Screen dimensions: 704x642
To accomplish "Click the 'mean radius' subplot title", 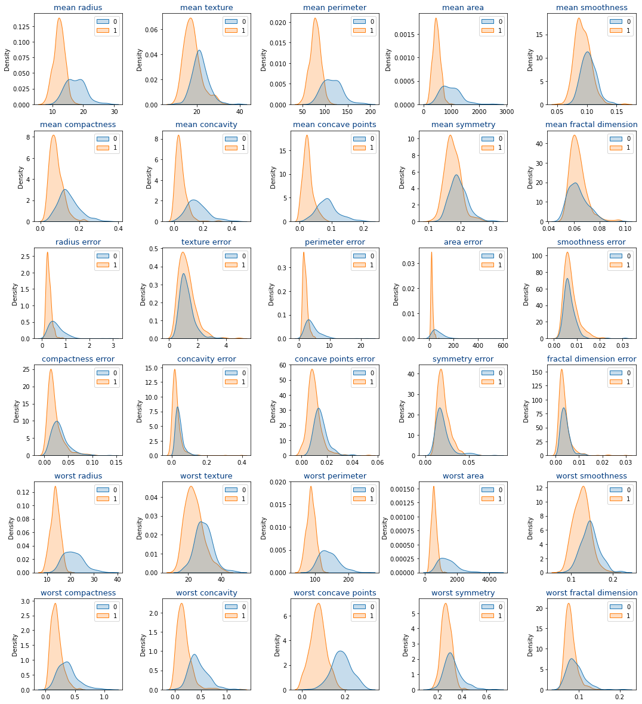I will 78,8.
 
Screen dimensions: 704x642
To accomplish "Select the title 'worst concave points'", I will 335,592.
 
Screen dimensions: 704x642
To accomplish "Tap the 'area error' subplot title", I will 463,242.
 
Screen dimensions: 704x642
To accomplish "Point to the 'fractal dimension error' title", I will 591,359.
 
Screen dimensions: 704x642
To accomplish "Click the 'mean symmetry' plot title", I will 463,125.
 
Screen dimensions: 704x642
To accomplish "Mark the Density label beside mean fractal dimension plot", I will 530,177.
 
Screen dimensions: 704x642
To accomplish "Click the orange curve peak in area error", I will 431,252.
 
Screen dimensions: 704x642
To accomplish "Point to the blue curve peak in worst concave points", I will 341,651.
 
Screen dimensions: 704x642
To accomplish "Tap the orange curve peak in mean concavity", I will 178,135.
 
